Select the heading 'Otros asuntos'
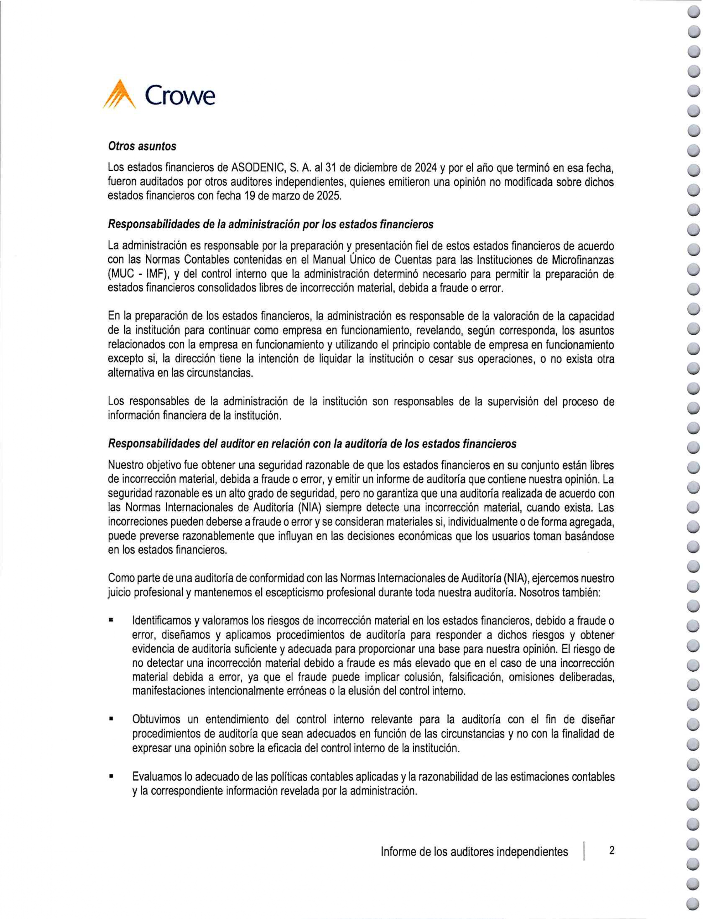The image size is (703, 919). click(142, 146)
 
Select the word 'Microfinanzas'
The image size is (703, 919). click(583, 260)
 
